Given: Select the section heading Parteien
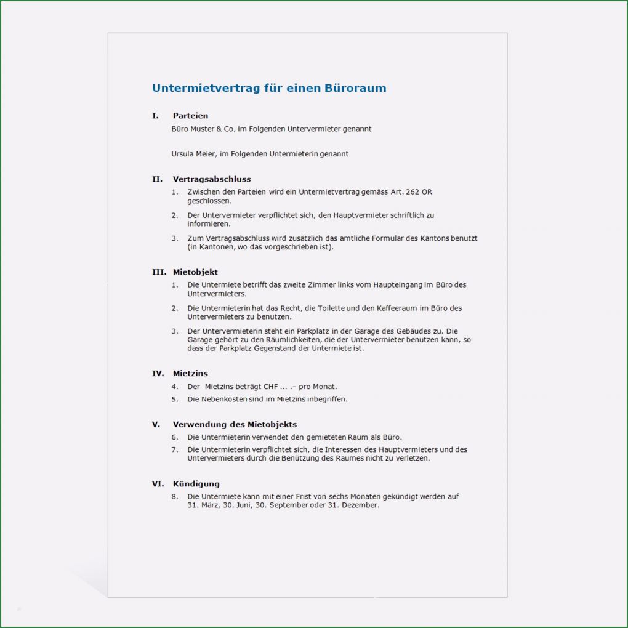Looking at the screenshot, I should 190,116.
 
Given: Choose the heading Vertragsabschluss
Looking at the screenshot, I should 211,179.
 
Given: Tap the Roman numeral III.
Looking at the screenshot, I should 159,272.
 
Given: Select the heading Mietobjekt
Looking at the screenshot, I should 195,272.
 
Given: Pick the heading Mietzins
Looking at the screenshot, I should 190,374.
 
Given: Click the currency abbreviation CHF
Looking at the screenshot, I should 271,387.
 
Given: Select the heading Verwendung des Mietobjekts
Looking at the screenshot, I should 235,425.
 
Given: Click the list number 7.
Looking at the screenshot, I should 174,449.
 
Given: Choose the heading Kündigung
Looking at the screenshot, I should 196,484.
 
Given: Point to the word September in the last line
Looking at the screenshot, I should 286,505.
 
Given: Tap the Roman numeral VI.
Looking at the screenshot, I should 158,484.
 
